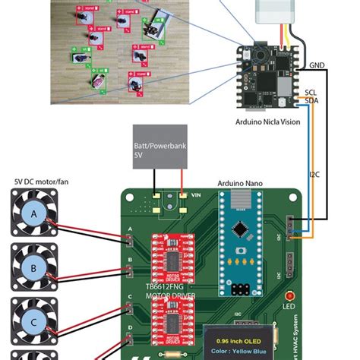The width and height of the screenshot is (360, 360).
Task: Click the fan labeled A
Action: [33, 214]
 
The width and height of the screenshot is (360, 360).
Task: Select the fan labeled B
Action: [33, 268]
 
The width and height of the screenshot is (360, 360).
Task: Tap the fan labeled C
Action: [33, 322]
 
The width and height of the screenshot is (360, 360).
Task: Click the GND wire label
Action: [317, 65]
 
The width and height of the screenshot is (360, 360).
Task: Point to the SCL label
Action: [311, 92]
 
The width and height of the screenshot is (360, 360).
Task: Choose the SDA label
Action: [311, 100]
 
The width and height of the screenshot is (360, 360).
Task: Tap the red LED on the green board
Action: [289, 296]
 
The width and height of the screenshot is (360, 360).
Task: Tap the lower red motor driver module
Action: [175, 327]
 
